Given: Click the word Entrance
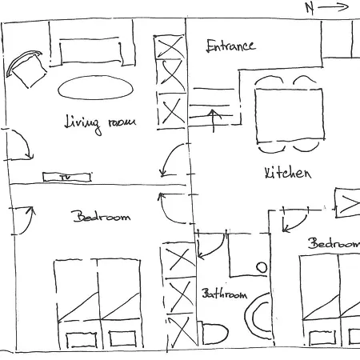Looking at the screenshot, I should click(230, 46).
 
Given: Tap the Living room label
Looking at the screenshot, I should click(100, 122).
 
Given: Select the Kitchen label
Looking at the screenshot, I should click(286, 173).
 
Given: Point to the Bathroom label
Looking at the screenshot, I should click(223, 294).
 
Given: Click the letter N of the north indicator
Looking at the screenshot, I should click(310, 8).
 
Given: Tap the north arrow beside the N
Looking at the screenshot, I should click(336, 8).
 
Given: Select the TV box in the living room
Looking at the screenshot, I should click(65, 177).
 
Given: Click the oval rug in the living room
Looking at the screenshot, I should click(94, 86).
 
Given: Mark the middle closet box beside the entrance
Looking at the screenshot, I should click(170, 78).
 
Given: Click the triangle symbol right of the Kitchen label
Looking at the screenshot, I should click(350, 203).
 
